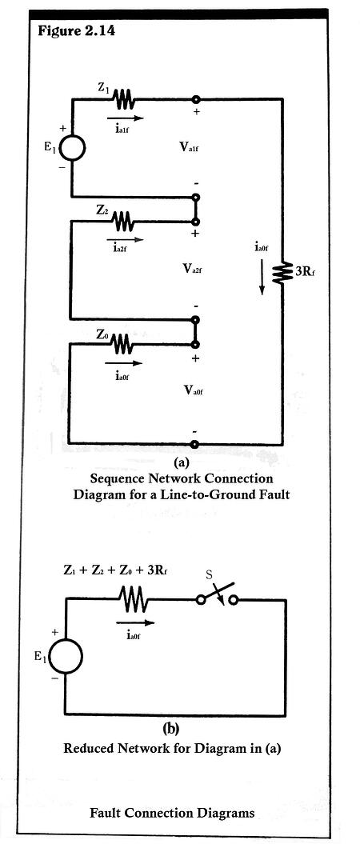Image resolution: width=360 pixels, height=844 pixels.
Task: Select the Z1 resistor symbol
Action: click(x=125, y=100)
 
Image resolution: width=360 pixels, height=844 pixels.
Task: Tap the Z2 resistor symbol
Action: click(x=124, y=218)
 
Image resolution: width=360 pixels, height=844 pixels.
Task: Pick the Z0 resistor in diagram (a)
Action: click(x=123, y=344)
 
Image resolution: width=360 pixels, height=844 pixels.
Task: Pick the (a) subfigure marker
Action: click(x=181, y=462)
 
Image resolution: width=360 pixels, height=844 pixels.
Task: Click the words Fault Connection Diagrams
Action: click(x=182, y=813)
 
